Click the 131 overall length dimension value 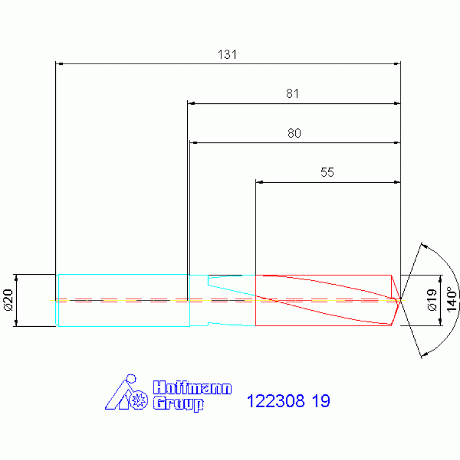227,55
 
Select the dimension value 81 292,94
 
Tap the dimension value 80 294,133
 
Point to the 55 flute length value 327,172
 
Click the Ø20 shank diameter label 8,300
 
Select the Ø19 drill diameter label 432,300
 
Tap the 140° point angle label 452,299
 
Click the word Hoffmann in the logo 193,387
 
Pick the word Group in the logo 178,404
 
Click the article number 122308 275,401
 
